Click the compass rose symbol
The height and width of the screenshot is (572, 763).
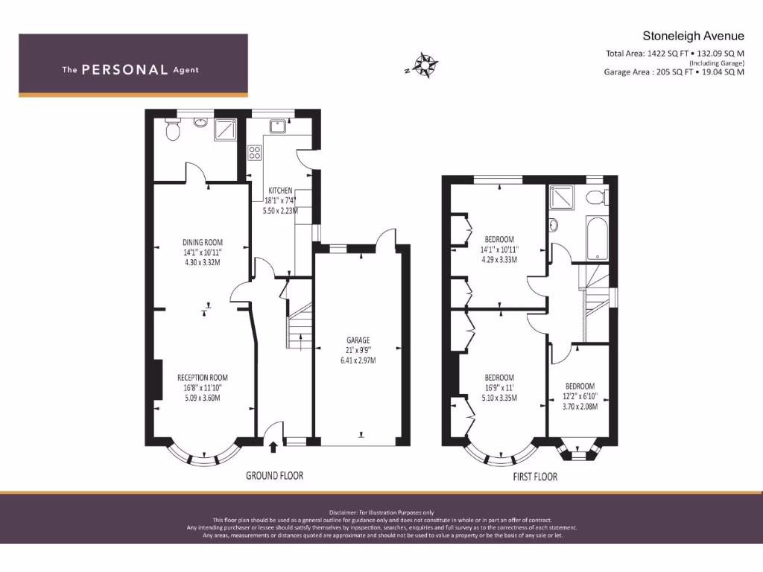tap(425, 65)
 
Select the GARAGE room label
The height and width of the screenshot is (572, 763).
tap(357, 340)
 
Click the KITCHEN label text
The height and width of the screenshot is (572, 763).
tap(281, 191)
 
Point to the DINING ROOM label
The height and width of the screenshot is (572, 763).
tap(203, 242)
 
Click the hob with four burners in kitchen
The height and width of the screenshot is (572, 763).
tap(254, 153)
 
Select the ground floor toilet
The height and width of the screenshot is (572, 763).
tap(173, 131)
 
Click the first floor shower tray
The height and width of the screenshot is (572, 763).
tap(563, 198)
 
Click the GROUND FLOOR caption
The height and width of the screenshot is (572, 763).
tap(274, 476)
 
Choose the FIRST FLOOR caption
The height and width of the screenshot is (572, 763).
tap(534, 477)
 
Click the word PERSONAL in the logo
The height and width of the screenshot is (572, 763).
tap(124, 70)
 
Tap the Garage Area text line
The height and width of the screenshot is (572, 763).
tap(674, 72)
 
